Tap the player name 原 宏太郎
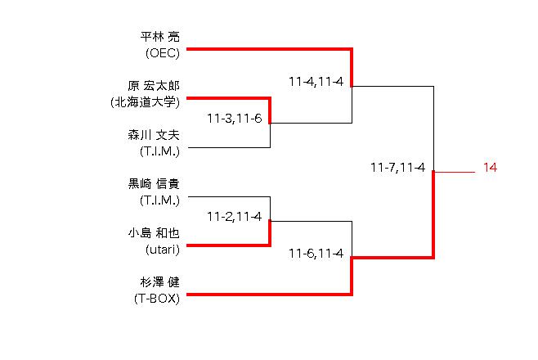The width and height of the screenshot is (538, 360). coord(154,86)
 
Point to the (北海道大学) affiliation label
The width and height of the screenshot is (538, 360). coord(145,102)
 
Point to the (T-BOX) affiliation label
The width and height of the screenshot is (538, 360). coord(158,299)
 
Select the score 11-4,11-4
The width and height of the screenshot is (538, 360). coord(316,81)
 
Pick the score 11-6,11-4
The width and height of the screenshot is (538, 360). coord(316,253)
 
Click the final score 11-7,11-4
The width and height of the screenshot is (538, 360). coord(397,168)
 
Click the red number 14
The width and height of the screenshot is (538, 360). coord(490,168)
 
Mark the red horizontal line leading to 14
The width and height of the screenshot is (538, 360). coord(455,173)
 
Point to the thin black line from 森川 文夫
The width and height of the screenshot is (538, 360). coord(229,148)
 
